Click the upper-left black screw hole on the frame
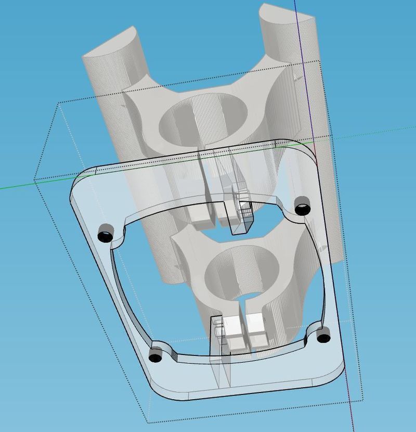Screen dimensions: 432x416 point(106,233)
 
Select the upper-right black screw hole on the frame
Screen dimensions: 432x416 point(302,206)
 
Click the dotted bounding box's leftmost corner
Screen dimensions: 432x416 point(35,180)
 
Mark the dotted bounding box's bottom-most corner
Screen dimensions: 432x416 point(149,422)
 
